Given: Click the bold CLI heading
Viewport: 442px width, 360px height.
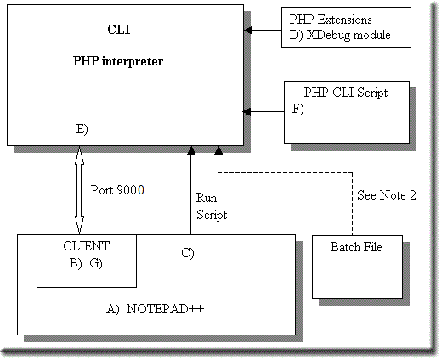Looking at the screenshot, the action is [119, 30].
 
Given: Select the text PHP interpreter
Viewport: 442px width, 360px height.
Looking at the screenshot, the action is [118, 61].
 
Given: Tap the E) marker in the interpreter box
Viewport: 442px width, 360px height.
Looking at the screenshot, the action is [82, 129].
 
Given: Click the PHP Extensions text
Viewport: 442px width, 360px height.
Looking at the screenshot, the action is [331, 20].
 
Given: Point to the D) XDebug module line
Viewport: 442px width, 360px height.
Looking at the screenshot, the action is [340, 35].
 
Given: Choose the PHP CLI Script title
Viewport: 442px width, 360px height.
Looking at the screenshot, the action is [346, 93].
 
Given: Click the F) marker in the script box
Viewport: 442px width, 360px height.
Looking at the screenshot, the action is [297, 109].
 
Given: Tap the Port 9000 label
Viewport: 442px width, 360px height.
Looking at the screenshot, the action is [117, 190].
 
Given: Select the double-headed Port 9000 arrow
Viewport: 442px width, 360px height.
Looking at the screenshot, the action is [79, 190].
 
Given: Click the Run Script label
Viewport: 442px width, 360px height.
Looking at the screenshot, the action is [212, 206].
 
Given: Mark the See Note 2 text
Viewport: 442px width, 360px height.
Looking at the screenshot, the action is [387, 195].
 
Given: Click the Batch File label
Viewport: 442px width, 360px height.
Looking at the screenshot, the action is [356, 247].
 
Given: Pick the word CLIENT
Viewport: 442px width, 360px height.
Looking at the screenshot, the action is [87, 246].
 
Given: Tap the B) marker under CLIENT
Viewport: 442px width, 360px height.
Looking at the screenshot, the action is [76, 263].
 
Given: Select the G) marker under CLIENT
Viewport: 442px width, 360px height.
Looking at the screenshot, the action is [96, 263].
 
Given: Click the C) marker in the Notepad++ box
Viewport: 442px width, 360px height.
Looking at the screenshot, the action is [188, 253].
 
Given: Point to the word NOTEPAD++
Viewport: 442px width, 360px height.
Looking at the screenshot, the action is [165, 309].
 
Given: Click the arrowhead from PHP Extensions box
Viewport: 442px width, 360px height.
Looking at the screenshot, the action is [248, 30].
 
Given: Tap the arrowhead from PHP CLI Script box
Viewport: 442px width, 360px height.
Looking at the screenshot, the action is [246, 112].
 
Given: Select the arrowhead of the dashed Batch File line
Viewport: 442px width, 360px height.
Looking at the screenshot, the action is [218, 150].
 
